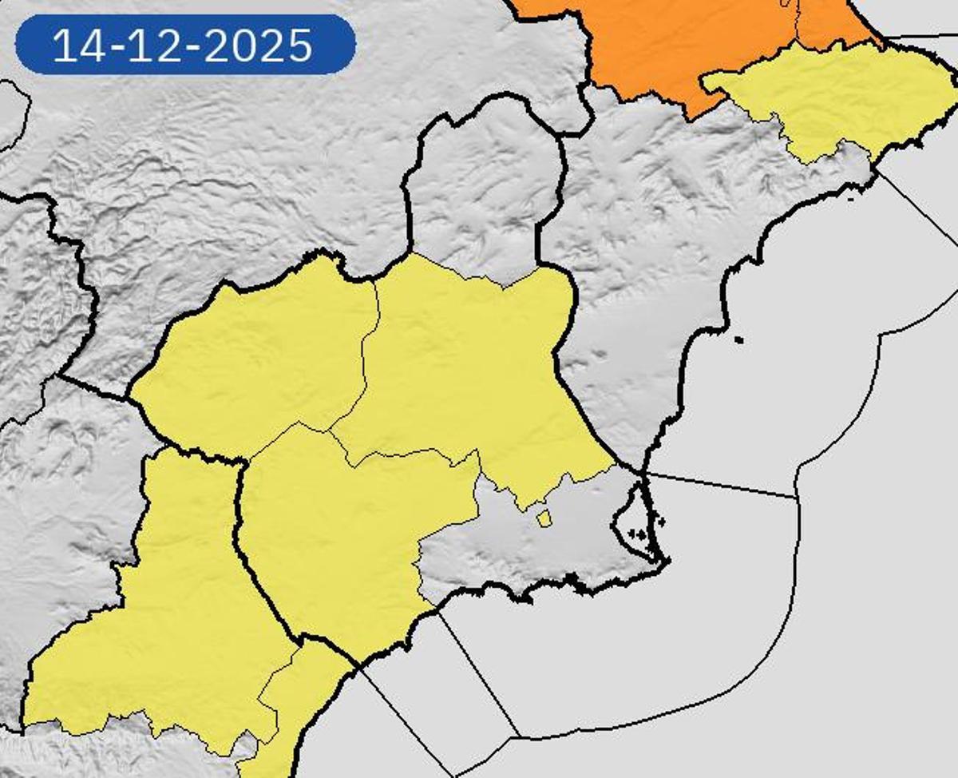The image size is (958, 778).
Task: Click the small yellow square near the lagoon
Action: (x=544, y=519)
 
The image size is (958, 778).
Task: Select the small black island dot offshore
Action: (x=738, y=340)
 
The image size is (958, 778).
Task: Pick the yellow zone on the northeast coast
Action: (x=846, y=96)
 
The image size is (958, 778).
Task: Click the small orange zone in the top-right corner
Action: (x=830, y=20)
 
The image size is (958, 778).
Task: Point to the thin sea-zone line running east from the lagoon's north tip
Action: (x=718, y=485)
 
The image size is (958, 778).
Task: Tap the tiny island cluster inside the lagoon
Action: (x=638, y=531)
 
